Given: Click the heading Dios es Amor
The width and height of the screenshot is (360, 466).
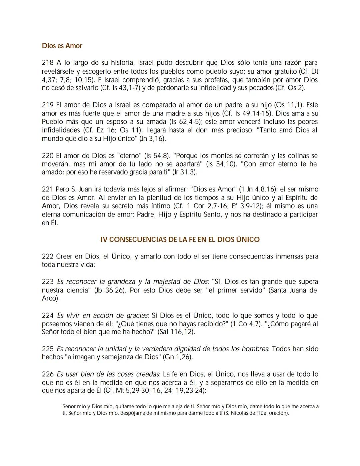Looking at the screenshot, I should click(x=62, y=46).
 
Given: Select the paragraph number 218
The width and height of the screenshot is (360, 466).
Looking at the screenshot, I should click(x=47, y=63).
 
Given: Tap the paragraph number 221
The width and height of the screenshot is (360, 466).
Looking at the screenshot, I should click(x=47, y=189).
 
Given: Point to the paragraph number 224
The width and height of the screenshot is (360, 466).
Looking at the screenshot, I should click(x=47, y=315).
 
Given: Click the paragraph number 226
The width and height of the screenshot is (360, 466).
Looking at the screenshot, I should click(x=47, y=374).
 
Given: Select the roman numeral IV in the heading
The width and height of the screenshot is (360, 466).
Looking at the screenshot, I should click(x=104, y=240).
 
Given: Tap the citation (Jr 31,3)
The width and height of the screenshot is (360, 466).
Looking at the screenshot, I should click(x=184, y=172).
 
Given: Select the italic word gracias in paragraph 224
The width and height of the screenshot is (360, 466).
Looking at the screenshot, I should click(x=137, y=315).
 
